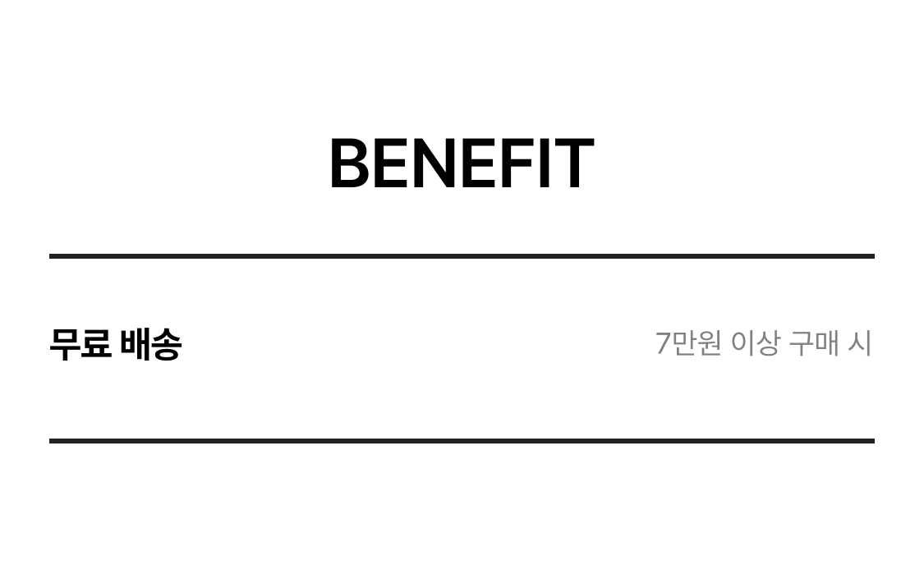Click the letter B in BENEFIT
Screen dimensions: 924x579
[349, 163]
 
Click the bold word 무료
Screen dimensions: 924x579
[80, 344]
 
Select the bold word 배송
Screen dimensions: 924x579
[151, 344]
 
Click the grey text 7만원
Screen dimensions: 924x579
[688, 343]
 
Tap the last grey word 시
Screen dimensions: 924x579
[860, 343]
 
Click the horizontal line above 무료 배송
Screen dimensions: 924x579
[462, 256]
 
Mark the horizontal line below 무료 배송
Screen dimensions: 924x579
[462, 440]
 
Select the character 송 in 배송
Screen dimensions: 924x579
[167, 344]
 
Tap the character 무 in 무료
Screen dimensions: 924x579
[64, 344]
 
